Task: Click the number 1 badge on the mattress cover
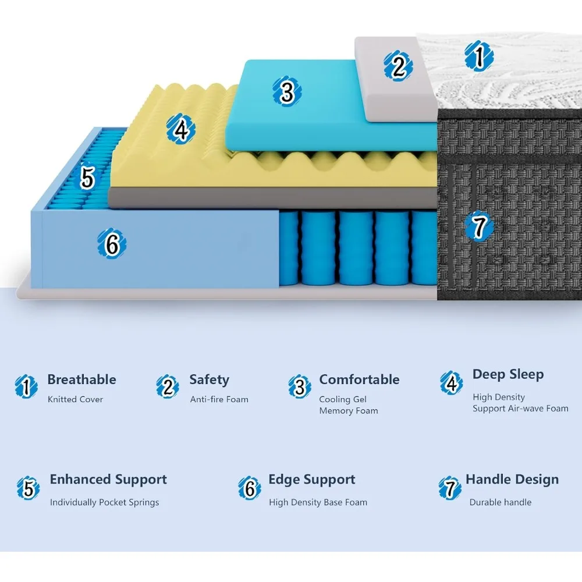[x=479, y=56]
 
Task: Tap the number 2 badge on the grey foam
[x=398, y=66]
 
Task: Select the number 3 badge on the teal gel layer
[x=286, y=91]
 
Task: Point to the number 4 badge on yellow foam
[x=181, y=129]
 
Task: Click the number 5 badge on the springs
[x=88, y=178]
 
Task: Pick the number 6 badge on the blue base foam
[x=112, y=244]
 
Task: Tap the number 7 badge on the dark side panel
[x=479, y=226]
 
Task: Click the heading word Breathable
[x=81, y=379]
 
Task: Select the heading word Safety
[x=209, y=379]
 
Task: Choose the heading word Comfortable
[x=359, y=379]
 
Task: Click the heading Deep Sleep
[x=508, y=374]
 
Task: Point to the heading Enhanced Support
[x=108, y=480]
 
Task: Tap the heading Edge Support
[x=311, y=480]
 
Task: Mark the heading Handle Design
[x=512, y=480]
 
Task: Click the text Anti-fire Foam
[x=219, y=399]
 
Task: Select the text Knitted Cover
[x=75, y=399]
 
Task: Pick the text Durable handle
[x=501, y=502]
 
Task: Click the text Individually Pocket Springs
[x=104, y=502]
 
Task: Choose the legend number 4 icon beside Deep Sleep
[x=451, y=383]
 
